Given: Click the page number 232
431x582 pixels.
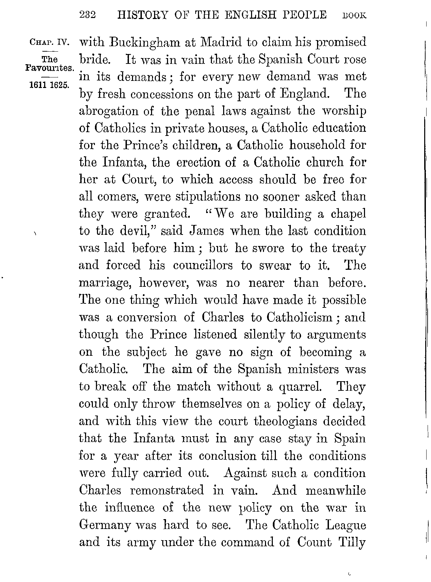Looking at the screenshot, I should coord(88,15).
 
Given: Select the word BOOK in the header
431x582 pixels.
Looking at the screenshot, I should coord(355,16).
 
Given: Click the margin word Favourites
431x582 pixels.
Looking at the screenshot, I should coord(50,67).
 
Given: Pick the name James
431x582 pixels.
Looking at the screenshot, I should coord(206,231).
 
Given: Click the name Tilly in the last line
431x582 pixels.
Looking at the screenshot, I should coord(351,542).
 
